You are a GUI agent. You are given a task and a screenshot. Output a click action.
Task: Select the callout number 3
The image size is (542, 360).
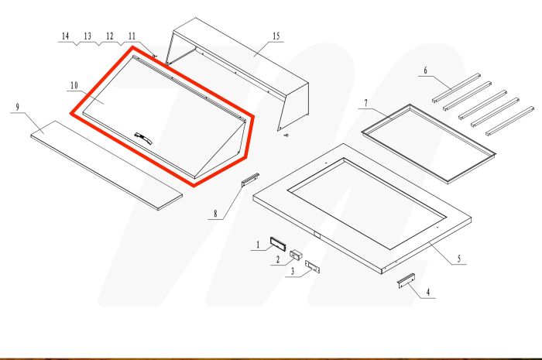tap(292, 271)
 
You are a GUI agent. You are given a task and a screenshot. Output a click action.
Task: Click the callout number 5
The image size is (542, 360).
tap(460, 257)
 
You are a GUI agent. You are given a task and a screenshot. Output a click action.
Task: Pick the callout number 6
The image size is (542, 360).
tap(425, 70)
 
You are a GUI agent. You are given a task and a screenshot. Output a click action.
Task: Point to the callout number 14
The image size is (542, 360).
tap(65, 36)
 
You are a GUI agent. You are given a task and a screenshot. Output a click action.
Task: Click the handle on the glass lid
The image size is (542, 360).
tap(142, 135)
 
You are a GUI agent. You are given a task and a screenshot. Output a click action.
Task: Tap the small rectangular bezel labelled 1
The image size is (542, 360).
tap(278, 242)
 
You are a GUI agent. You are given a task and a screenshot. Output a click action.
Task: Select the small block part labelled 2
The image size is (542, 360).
tap(296, 254)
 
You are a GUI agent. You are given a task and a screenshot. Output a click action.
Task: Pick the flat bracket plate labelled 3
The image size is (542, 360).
tap(313, 266)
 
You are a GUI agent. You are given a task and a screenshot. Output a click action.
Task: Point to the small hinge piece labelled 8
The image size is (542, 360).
tap(249, 180)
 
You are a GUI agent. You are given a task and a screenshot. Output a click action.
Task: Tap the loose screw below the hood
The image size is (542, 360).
tap(286, 137)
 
